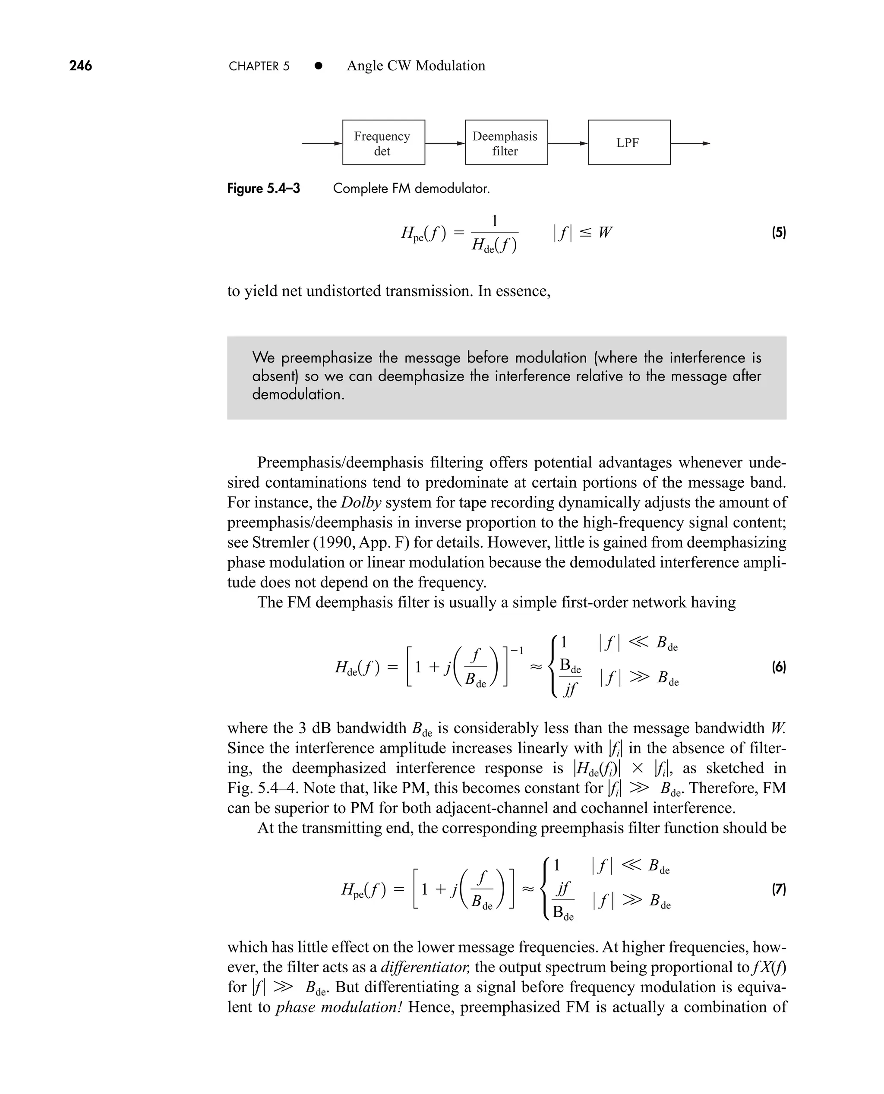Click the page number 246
[x=80, y=66]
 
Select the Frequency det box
[x=383, y=142]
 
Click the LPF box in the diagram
[x=628, y=142]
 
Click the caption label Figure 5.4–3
[x=263, y=189]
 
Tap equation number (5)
[x=779, y=233]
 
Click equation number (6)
[x=779, y=667]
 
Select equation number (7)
[x=779, y=889]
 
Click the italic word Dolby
[x=361, y=502]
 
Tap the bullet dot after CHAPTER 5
[x=318, y=66]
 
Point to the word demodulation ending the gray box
[x=298, y=394]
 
